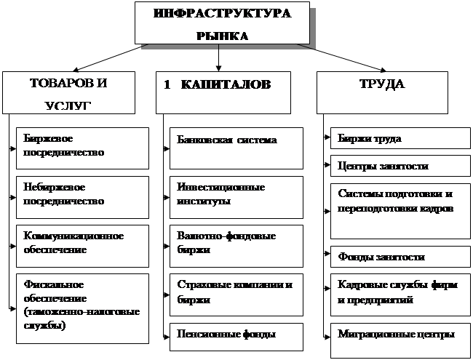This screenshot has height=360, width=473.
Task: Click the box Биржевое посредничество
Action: pyautogui.click(x=82, y=146)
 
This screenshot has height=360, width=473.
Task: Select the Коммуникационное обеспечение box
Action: pyautogui.click(x=82, y=244)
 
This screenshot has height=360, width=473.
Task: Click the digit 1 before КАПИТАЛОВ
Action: pyautogui.click(x=167, y=85)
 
